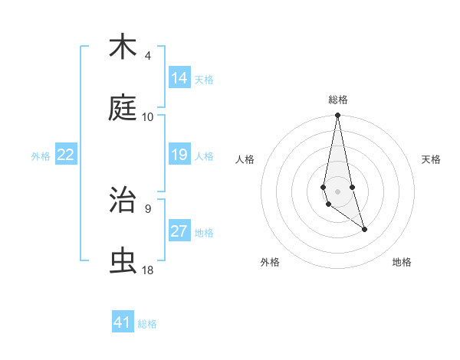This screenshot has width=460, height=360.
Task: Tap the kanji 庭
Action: [123, 109]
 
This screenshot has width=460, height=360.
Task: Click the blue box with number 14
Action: [179, 77]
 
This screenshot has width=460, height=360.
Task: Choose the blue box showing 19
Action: [179, 155]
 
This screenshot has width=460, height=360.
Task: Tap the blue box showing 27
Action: [179, 231]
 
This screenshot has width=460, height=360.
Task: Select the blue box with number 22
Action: [66, 155]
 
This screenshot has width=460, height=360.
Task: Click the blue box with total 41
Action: [123, 322]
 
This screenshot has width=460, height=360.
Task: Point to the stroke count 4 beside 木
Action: [148, 56]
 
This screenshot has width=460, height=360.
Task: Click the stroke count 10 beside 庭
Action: [148, 117]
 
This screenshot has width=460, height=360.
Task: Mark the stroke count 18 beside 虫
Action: [148, 270]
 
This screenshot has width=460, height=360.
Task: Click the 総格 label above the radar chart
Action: [337, 100]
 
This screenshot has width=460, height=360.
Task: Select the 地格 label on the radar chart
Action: [402, 262]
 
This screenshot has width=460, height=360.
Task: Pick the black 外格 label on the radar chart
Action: [271, 262]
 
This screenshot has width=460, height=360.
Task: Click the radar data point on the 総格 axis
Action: [337, 116]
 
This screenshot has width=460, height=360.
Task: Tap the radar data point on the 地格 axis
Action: [364, 229]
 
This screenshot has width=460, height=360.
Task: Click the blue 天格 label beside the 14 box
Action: [204, 79]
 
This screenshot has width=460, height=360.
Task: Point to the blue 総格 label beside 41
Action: [147, 324]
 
